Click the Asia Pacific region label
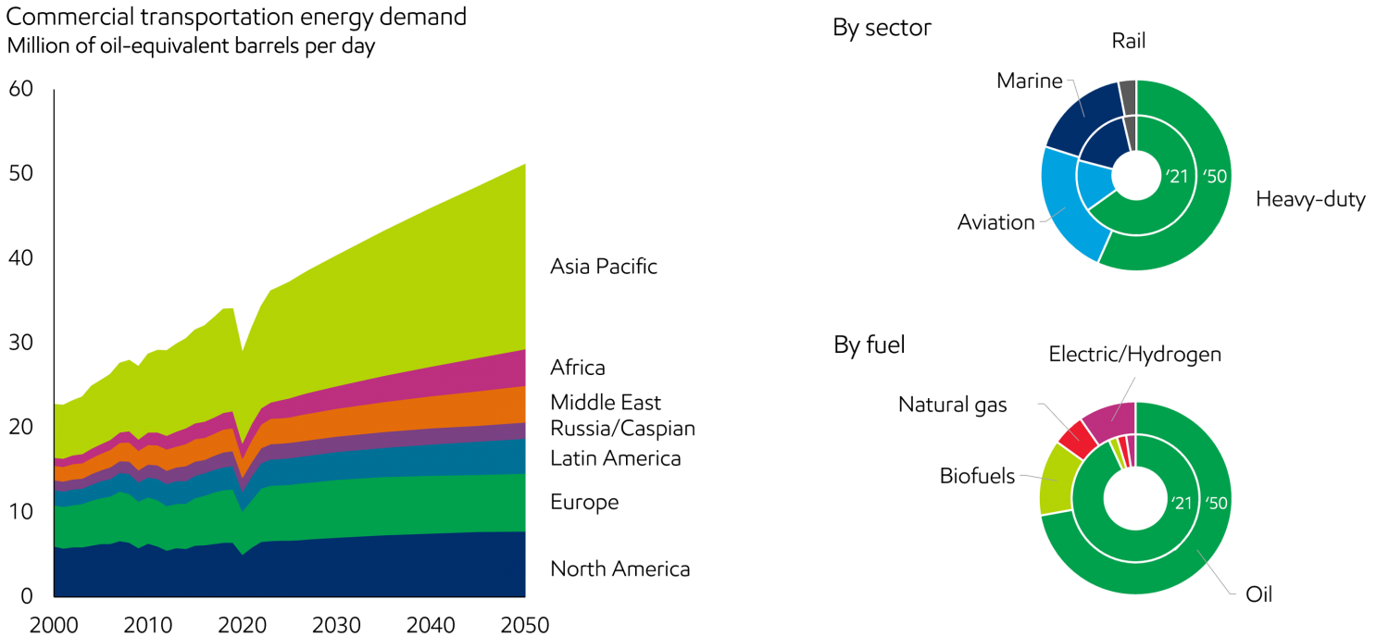[x=603, y=267]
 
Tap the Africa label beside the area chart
[x=578, y=368]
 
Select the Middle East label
[x=607, y=403]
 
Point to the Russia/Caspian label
[x=623, y=428]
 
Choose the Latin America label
[x=616, y=458]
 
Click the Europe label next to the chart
[x=584, y=502]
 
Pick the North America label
[x=620, y=568]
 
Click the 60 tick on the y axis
[x=20, y=90]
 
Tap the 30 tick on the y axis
[x=20, y=343]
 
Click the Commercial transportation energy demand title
[x=235, y=18]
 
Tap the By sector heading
[x=882, y=29]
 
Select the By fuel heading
[x=868, y=346]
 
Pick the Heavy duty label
[x=1310, y=200]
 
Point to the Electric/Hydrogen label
[x=1135, y=354]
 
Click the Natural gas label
[x=951, y=404]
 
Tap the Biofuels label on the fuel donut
[x=978, y=477]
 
